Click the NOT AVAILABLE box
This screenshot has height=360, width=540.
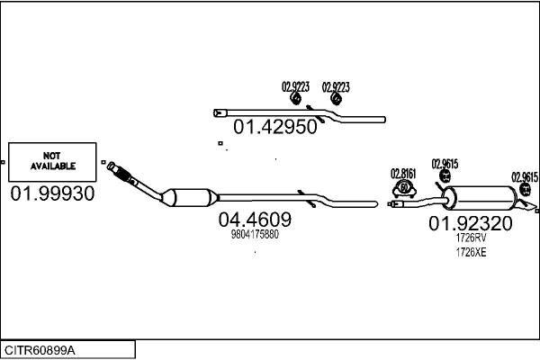(53, 161)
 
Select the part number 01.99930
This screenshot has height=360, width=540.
(53, 193)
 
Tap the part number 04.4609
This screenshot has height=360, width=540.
(255, 219)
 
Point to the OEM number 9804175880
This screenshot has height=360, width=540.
(256, 235)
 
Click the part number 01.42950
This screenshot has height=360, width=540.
(275, 128)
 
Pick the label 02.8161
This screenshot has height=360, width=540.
(404, 174)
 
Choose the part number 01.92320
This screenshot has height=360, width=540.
(470, 223)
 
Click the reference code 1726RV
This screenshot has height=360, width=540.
(471, 238)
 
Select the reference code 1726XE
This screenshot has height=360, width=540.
(471, 253)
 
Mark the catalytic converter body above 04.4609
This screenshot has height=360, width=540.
(188, 197)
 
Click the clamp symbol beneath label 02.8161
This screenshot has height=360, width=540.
(404, 188)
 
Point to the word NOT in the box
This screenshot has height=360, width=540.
(53, 156)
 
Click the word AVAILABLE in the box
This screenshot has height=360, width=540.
(53, 166)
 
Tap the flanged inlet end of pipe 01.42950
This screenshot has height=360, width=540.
(219, 112)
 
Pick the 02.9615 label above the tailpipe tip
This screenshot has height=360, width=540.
(525, 177)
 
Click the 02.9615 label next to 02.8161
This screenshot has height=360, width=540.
(445, 163)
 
